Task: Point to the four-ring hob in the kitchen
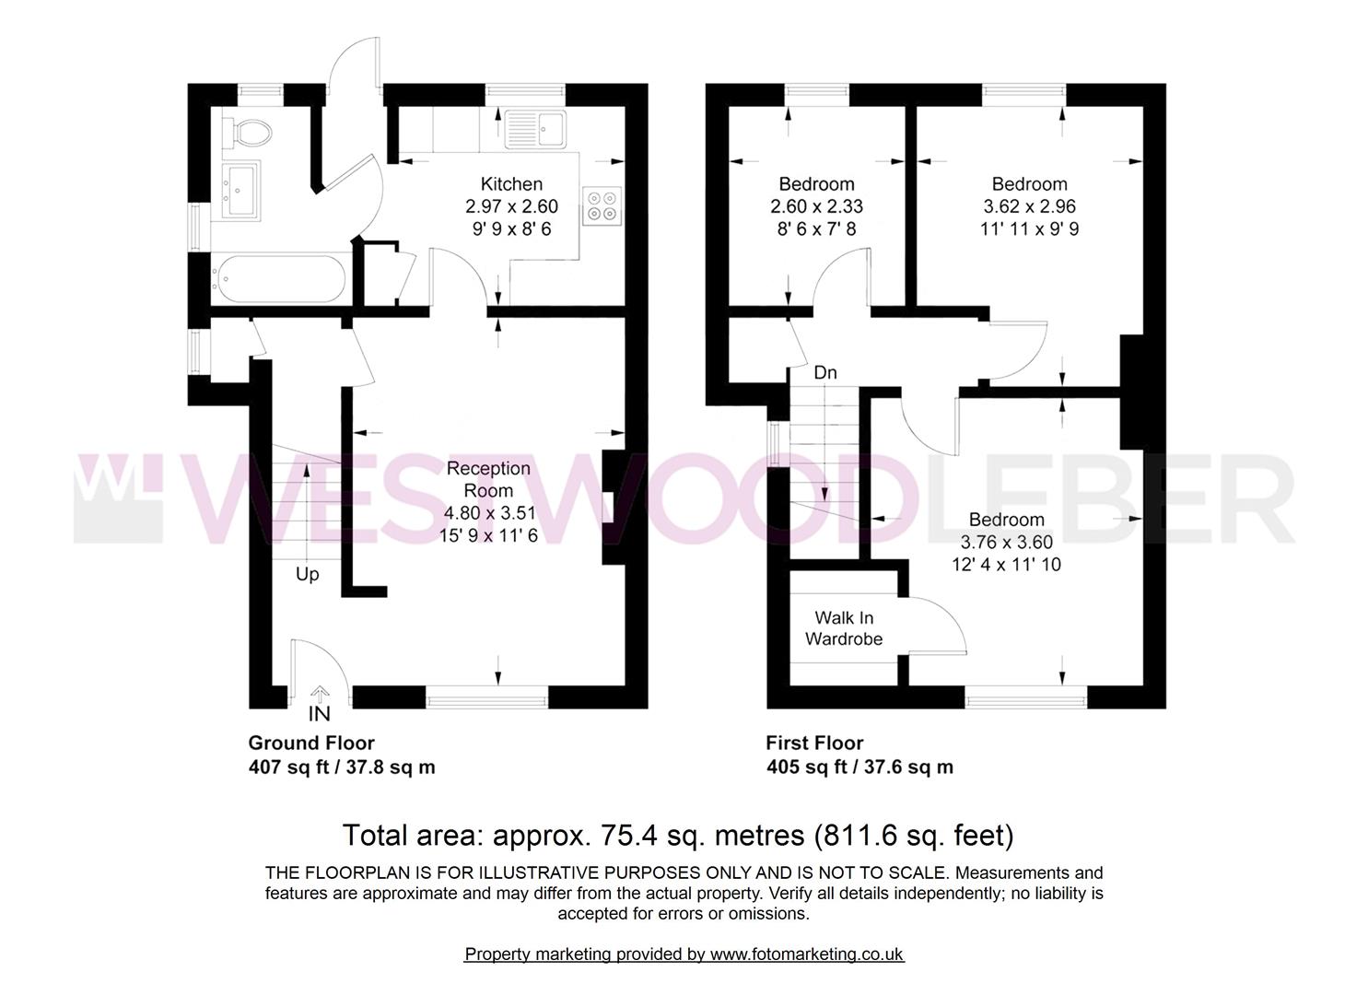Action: pyautogui.click(x=602, y=205)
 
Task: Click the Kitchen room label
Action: pyautogui.click(x=511, y=184)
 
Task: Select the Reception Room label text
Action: pyautogui.click(x=488, y=479)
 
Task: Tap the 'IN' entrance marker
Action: pyautogui.click(x=319, y=714)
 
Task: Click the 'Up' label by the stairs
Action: pyautogui.click(x=307, y=574)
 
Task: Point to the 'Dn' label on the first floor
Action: pyautogui.click(x=824, y=373)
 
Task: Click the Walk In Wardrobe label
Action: pyautogui.click(x=844, y=628)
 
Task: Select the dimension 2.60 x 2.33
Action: pyautogui.click(x=816, y=206)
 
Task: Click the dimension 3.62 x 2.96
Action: pyautogui.click(x=1029, y=206)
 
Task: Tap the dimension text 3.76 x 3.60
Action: pyautogui.click(x=1006, y=542)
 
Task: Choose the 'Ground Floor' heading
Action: pyautogui.click(x=311, y=743)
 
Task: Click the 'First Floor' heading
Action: pyautogui.click(x=814, y=743)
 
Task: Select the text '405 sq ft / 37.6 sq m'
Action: pyautogui.click(x=859, y=767)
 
